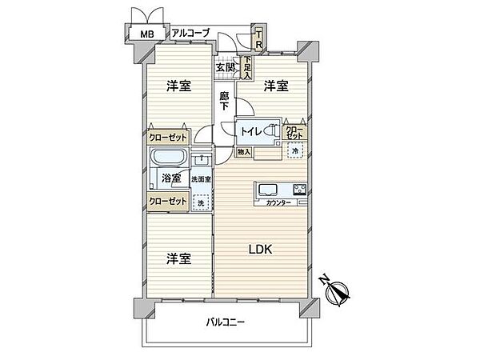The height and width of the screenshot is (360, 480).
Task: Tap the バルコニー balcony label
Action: click(x=224, y=322)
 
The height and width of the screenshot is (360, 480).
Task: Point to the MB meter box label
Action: click(x=147, y=34)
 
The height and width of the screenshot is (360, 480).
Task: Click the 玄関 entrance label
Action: click(x=225, y=67)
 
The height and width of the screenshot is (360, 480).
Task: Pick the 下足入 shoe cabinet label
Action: click(x=248, y=66)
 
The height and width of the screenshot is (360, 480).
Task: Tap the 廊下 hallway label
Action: click(x=225, y=102)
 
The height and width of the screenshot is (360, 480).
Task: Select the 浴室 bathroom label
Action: click(x=170, y=178)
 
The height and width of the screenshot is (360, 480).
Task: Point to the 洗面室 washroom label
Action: click(x=201, y=179)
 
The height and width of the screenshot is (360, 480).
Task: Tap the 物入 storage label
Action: click(x=243, y=152)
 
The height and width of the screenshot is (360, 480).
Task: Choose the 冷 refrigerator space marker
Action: click(x=294, y=150)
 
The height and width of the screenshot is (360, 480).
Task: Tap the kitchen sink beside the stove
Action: click(x=266, y=190)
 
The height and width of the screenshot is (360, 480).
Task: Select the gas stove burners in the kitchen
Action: click(x=300, y=190)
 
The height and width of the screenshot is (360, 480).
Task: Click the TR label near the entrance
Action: click(x=259, y=38)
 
